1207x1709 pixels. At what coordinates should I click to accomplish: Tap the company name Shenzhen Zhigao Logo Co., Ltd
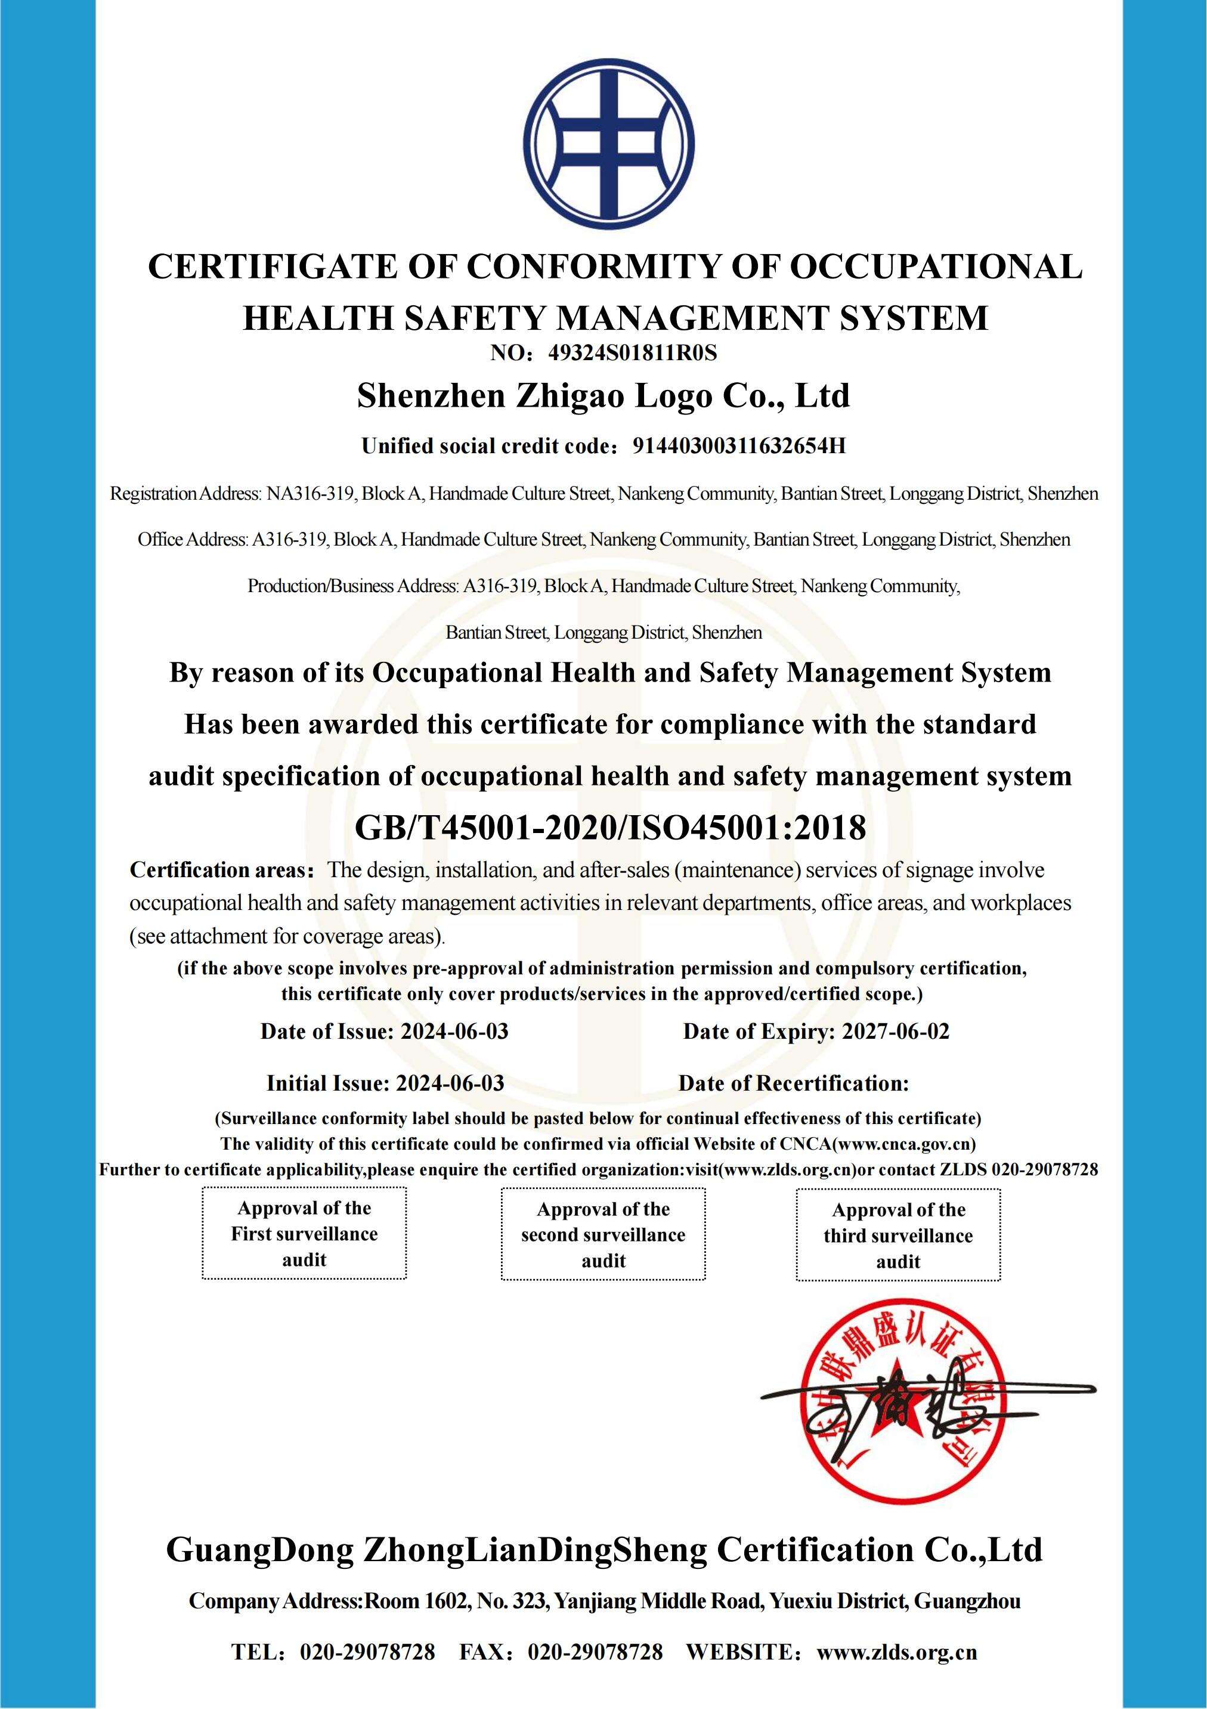(603, 396)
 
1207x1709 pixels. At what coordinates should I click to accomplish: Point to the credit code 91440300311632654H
(739, 446)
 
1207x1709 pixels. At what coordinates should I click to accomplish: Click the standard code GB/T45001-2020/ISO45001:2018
(611, 827)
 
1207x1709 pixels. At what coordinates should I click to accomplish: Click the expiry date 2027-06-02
(895, 1031)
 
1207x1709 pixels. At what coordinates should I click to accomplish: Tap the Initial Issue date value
(450, 1083)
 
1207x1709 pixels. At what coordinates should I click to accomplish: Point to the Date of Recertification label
(793, 1083)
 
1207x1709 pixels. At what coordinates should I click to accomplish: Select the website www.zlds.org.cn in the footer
(896, 1652)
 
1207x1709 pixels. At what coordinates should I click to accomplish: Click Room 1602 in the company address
(414, 1600)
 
